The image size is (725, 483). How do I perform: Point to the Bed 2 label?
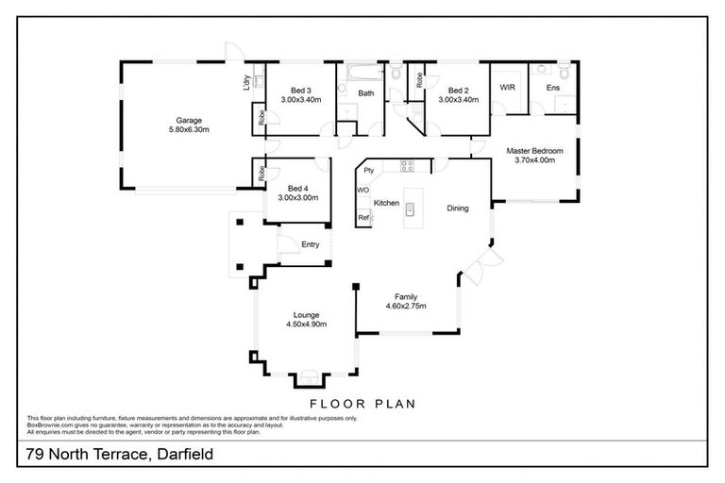pyautogui.click(x=458, y=91)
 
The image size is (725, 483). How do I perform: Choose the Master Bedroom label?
pyautogui.click(x=534, y=151)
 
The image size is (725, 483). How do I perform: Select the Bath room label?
pyautogui.click(x=365, y=92)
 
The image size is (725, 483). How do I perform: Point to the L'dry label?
pyautogui.click(x=247, y=84)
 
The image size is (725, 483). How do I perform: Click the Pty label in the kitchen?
pyautogui.click(x=369, y=171)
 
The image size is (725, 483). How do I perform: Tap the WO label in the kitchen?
pyautogui.click(x=363, y=191)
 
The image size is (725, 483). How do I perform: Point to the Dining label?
pyautogui.click(x=458, y=208)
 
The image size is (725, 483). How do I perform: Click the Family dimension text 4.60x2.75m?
pyautogui.click(x=406, y=306)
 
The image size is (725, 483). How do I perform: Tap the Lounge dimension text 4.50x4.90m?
pyautogui.click(x=306, y=324)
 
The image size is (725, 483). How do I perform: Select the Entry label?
pyautogui.click(x=311, y=244)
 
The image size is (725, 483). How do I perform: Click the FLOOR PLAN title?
pyautogui.click(x=363, y=402)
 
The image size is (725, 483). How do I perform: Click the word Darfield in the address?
pyautogui.click(x=178, y=454)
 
